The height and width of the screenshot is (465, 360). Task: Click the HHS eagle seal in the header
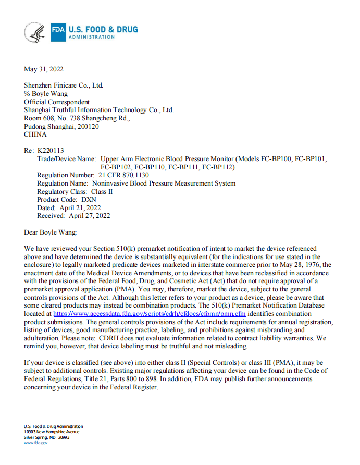(34, 32)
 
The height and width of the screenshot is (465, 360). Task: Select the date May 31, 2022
(44, 69)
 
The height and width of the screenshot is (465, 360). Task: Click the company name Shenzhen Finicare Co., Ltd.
(64, 85)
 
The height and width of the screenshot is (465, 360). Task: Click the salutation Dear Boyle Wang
(51, 232)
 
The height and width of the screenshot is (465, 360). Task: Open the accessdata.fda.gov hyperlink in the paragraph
(150, 314)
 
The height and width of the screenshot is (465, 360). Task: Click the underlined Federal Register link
(133, 387)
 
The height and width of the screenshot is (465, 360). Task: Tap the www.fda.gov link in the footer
(36, 443)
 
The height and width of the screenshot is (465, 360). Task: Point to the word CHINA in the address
(35, 134)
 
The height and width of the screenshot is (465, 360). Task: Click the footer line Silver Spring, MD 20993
(46, 437)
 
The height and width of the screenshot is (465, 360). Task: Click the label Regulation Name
(63, 183)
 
